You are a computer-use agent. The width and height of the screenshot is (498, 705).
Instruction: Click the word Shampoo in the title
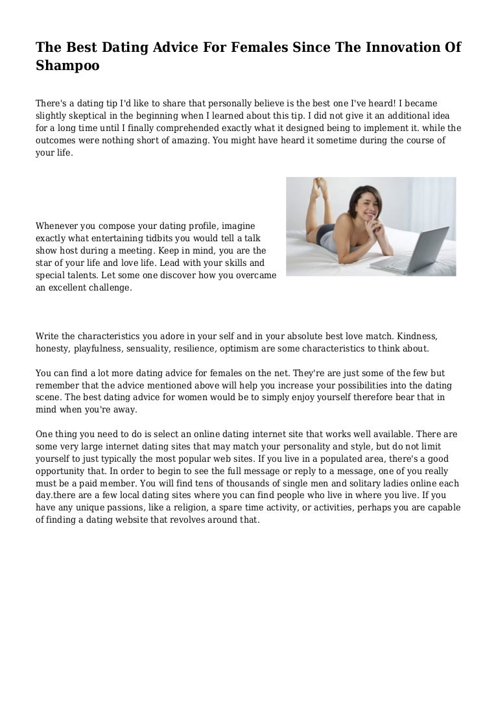[x=67, y=66]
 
